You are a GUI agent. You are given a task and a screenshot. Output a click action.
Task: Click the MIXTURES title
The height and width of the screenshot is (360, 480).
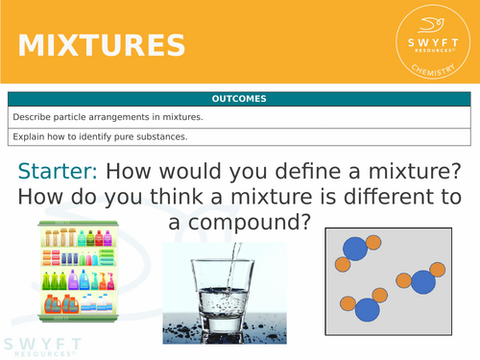pyautogui.click(x=102, y=44)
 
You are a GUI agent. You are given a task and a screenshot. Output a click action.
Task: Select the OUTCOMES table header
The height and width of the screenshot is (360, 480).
pyautogui.click(x=240, y=99)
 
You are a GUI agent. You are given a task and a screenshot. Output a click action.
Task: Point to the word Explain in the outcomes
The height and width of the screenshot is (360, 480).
pyautogui.click(x=30, y=136)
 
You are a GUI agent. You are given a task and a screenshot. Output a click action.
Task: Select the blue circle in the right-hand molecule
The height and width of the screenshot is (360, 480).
pyautogui.click(x=423, y=282)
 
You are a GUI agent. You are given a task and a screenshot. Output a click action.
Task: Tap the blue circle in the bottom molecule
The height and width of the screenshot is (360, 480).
pyautogui.click(x=367, y=309)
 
